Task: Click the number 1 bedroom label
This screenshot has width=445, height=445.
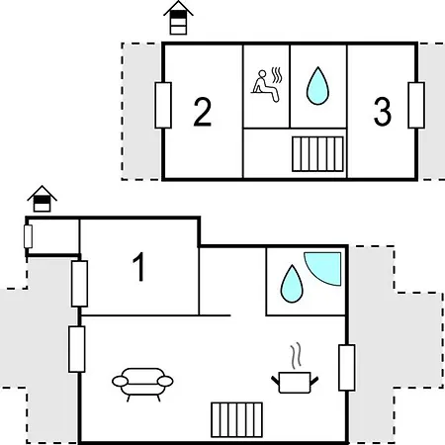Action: click(x=139, y=267)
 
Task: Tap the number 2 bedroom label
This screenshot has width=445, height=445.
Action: click(x=202, y=112)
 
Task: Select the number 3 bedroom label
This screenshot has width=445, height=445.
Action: click(x=383, y=112)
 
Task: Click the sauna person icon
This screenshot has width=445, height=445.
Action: click(x=265, y=86)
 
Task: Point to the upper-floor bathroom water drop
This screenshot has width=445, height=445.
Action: click(x=317, y=86)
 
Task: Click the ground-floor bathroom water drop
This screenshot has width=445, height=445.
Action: click(x=292, y=284)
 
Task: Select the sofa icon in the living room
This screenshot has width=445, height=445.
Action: click(x=142, y=384)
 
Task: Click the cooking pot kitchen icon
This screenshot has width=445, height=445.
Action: click(x=295, y=382)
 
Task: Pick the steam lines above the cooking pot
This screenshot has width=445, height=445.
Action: click(x=296, y=355)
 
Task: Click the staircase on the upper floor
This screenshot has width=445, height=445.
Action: click(x=317, y=154)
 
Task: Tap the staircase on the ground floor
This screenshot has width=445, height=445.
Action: click(x=236, y=419)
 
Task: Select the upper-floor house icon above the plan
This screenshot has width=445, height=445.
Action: click(x=178, y=18)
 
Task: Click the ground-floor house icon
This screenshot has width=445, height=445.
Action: click(x=42, y=199)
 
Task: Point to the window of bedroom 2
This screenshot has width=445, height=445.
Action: click(x=163, y=105)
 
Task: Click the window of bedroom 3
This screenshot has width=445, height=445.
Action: click(x=416, y=105)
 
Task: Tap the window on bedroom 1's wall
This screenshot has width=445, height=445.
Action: click(x=79, y=284)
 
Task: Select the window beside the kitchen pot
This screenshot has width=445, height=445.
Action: click(x=347, y=368)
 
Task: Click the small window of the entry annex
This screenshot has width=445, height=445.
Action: click(x=28, y=236)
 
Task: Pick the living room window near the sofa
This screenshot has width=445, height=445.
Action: click(x=77, y=349)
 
